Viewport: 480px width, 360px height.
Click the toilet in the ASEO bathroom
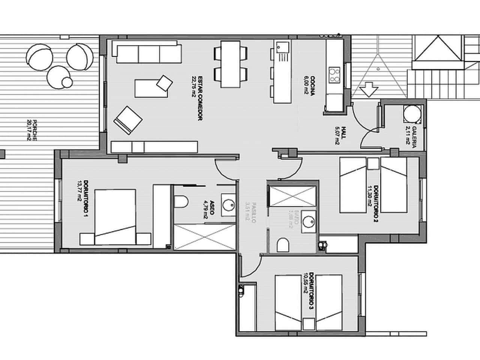[181, 202]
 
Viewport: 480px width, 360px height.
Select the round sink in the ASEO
[228, 205]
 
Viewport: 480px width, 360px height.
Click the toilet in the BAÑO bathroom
[283, 246]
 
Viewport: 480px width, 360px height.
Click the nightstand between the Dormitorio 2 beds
[372, 164]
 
